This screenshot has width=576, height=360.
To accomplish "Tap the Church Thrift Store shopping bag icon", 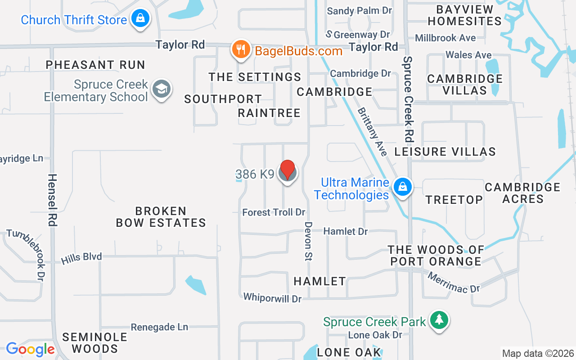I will click(x=140, y=18).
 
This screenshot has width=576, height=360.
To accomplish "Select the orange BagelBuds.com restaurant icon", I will click(x=241, y=49).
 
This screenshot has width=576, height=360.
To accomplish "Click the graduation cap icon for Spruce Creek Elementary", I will click(x=161, y=89).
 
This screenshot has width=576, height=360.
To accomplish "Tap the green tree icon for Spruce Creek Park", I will click(x=439, y=320).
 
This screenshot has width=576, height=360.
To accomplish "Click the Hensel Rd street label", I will click(x=52, y=200).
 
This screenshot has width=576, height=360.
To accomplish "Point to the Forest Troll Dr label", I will click(x=274, y=212).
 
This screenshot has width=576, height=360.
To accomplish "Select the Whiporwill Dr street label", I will click(x=272, y=297).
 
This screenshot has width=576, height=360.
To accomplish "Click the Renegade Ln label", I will click(x=159, y=327).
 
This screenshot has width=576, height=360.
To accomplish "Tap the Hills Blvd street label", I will click(x=81, y=258).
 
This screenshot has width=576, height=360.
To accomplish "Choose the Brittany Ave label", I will click(x=373, y=131).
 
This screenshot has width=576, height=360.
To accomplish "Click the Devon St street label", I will click(x=308, y=241).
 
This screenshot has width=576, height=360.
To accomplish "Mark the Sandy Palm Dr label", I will click(x=360, y=11).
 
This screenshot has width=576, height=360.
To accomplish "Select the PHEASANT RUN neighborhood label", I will click(x=95, y=65).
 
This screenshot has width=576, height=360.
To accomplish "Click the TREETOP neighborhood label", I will click(x=454, y=199).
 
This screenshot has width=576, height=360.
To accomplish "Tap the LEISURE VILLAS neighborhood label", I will click(x=445, y=152).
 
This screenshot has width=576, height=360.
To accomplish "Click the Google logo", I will click(x=30, y=349).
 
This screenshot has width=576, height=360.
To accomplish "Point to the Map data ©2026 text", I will click(x=538, y=353).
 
